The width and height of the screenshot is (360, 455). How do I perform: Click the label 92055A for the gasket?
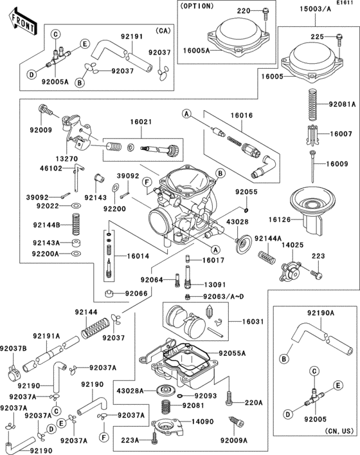232,353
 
